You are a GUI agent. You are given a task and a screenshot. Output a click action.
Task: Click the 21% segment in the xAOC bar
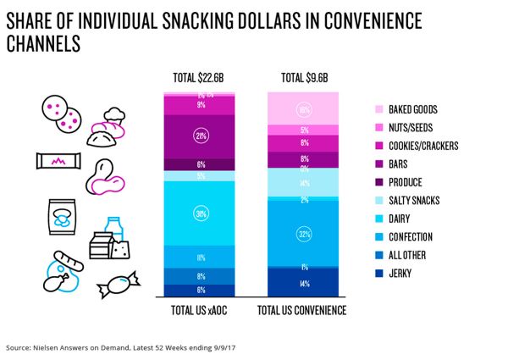[202, 136]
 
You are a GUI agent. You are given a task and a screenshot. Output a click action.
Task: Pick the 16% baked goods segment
[304, 109]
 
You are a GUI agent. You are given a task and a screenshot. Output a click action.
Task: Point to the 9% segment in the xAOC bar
[202, 105]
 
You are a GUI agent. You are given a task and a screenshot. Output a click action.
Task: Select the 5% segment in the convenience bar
[304, 130]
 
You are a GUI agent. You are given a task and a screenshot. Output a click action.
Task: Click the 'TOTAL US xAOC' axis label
[202, 310]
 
